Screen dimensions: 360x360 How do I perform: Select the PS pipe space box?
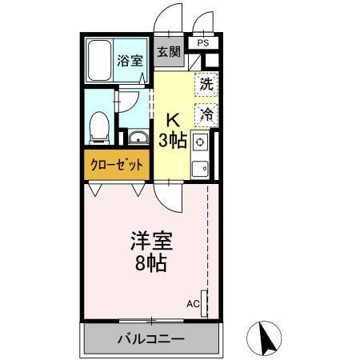point(202,43)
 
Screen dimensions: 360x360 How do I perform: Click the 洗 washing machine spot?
point(206,82)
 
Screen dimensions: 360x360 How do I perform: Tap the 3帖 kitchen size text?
point(172,142)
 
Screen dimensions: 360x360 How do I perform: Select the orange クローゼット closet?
point(118,166)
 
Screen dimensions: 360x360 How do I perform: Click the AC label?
point(193,304)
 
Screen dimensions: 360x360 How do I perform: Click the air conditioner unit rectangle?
point(205,304)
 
